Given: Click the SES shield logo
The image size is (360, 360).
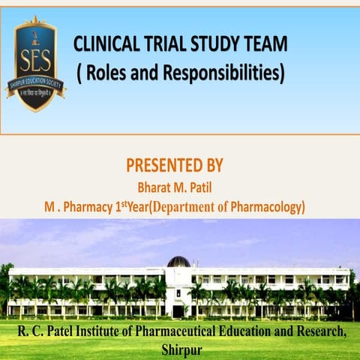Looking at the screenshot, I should click(36, 64).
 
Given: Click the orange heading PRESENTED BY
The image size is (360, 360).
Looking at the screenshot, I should click(174, 166).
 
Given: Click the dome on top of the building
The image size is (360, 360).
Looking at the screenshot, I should click(178, 262).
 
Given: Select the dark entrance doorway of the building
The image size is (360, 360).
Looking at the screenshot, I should click(178, 309).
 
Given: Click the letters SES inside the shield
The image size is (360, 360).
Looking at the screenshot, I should click(36, 58).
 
